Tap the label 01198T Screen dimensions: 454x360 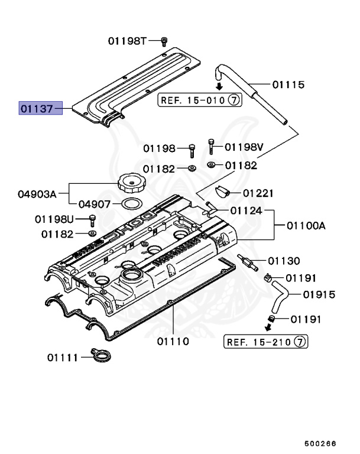(127, 41)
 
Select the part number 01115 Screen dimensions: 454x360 (288, 85)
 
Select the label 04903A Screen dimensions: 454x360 (36, 193)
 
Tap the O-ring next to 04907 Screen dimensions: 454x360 (132, 205)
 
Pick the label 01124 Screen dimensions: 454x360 (247, 211)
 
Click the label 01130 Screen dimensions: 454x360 (284, 261)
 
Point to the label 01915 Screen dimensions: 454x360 (319, 294)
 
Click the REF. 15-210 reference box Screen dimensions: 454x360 (265, 342)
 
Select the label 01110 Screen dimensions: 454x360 (173, 341)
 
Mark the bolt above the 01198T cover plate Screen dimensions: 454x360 (165, 40)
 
